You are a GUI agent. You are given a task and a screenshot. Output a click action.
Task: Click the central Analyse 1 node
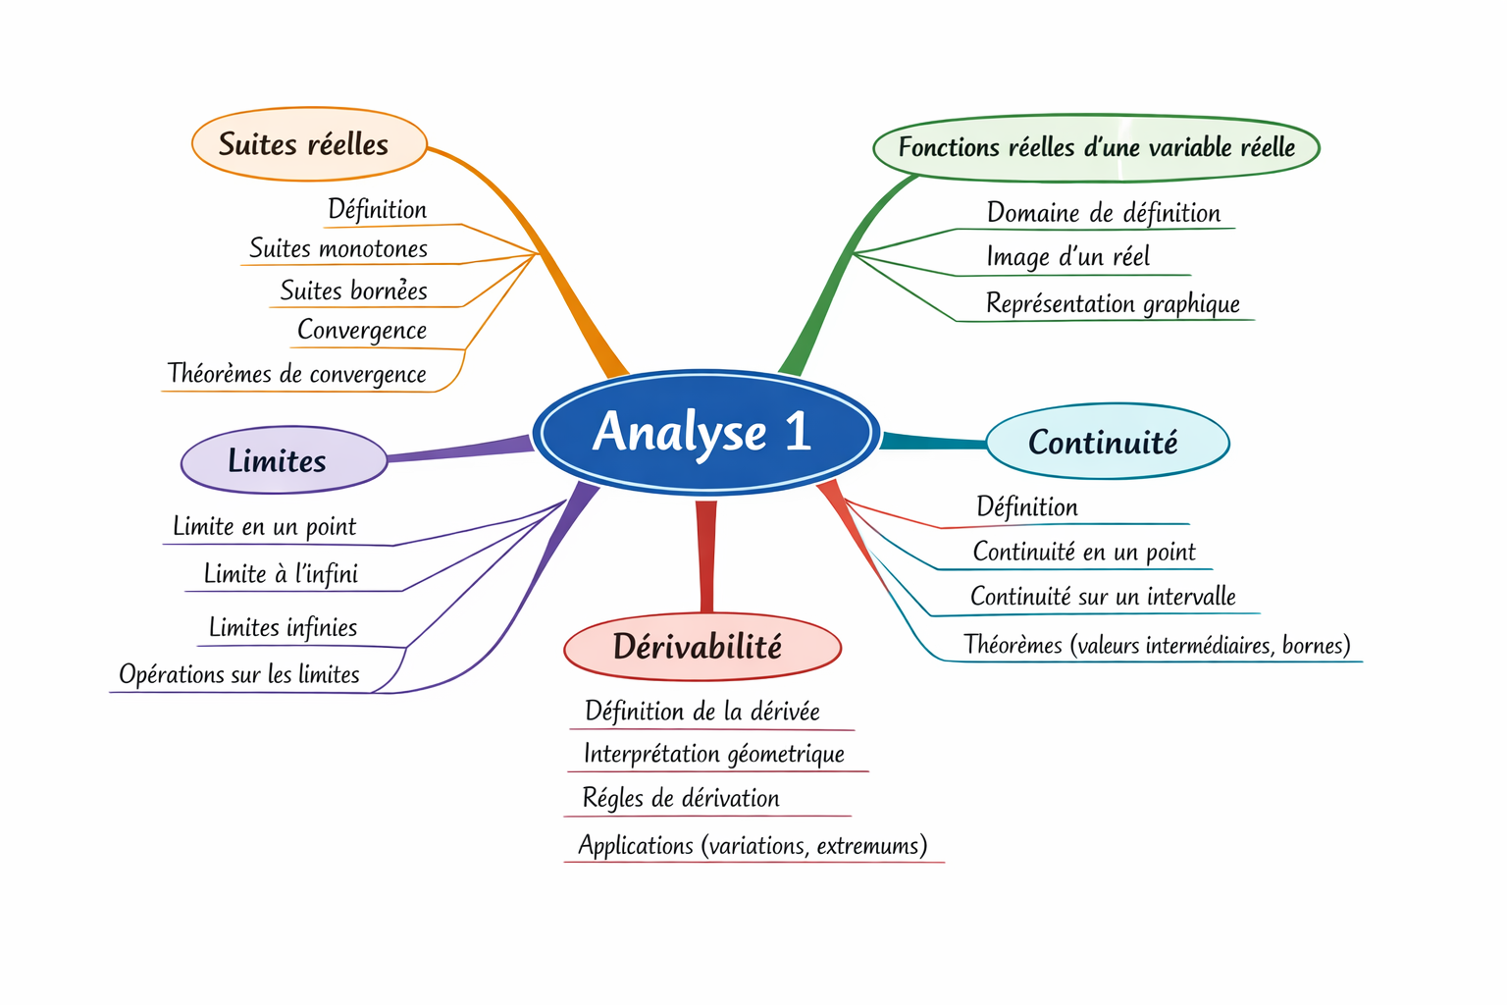pos(703,432)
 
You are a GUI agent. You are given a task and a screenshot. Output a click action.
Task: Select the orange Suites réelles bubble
pos(308,144)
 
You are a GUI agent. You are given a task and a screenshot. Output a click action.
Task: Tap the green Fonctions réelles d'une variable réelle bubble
pos(1096,148)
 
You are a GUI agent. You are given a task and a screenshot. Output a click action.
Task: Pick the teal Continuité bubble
pos(1106,443)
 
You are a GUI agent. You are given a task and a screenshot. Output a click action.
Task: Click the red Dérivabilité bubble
pos(702,647)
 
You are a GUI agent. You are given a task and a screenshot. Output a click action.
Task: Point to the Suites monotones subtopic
pos(338,248)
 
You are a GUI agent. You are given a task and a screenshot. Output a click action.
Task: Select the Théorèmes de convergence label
pos(296,374)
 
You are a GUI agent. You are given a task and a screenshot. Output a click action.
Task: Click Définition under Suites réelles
pos(378,209)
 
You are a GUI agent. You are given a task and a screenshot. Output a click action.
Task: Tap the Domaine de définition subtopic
pos(1104,213)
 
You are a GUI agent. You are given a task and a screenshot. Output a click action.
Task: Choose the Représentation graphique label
pos(1113,304)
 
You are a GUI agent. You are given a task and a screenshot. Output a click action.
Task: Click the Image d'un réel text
pos(1067,257)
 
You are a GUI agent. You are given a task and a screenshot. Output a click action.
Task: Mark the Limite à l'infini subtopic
pos(281,574)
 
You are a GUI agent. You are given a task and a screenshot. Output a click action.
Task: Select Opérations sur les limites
pos(239,675)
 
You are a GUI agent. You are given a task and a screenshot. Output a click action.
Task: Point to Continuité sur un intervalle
pos(1103,597)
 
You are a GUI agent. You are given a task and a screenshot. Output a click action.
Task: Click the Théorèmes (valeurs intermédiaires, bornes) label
pos(1157,646)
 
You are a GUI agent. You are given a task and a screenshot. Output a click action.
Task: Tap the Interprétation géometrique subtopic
pos(713,754)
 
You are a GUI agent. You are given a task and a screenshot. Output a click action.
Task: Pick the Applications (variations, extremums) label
pos(753,846)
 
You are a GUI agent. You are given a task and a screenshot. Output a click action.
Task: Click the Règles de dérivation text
pos(681,799)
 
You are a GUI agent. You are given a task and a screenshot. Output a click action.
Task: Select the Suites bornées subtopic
pos(354,291)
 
